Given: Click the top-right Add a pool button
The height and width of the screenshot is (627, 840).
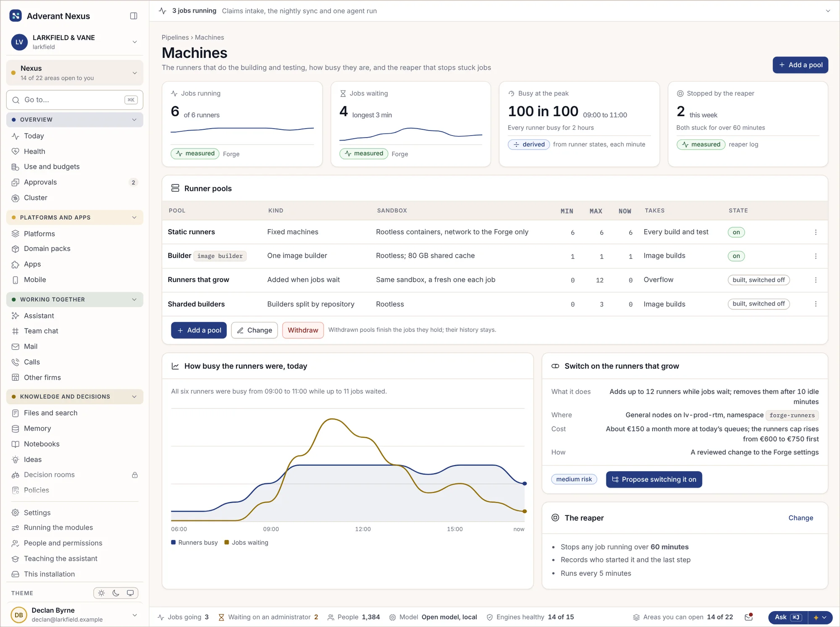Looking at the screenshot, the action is (x=800, y=65).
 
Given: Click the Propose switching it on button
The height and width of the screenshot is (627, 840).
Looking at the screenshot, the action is (x=654, y=479).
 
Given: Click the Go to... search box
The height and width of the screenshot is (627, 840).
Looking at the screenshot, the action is (x=75, y=100).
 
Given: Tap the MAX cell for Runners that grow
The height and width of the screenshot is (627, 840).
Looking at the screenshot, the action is (x=600, y=280).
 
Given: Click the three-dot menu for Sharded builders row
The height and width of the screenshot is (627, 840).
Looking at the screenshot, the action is (x=816, y=304).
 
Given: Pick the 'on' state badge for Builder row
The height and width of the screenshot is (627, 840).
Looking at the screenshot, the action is (x=736, y=256).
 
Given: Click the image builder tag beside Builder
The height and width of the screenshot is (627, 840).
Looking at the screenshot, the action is (x=220, y=256).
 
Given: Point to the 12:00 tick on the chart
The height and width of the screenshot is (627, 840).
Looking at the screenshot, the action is (x=363, y=529).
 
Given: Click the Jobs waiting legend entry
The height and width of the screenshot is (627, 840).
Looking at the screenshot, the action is (x=247, y=543).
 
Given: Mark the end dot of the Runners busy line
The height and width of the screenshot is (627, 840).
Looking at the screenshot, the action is (x=525, y=483).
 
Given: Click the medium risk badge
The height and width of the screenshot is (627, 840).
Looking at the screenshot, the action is (x=574, y=479).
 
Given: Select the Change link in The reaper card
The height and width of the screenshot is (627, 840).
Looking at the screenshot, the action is (x=801, y=518).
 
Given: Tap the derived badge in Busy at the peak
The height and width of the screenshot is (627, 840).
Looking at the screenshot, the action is (x=529, y=144).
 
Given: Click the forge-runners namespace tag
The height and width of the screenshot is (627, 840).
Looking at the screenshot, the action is (x=792, y=415).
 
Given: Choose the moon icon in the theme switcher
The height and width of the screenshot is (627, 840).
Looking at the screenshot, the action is (x=116, y=593).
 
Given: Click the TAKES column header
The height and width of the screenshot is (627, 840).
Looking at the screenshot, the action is (x=655, y=211).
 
